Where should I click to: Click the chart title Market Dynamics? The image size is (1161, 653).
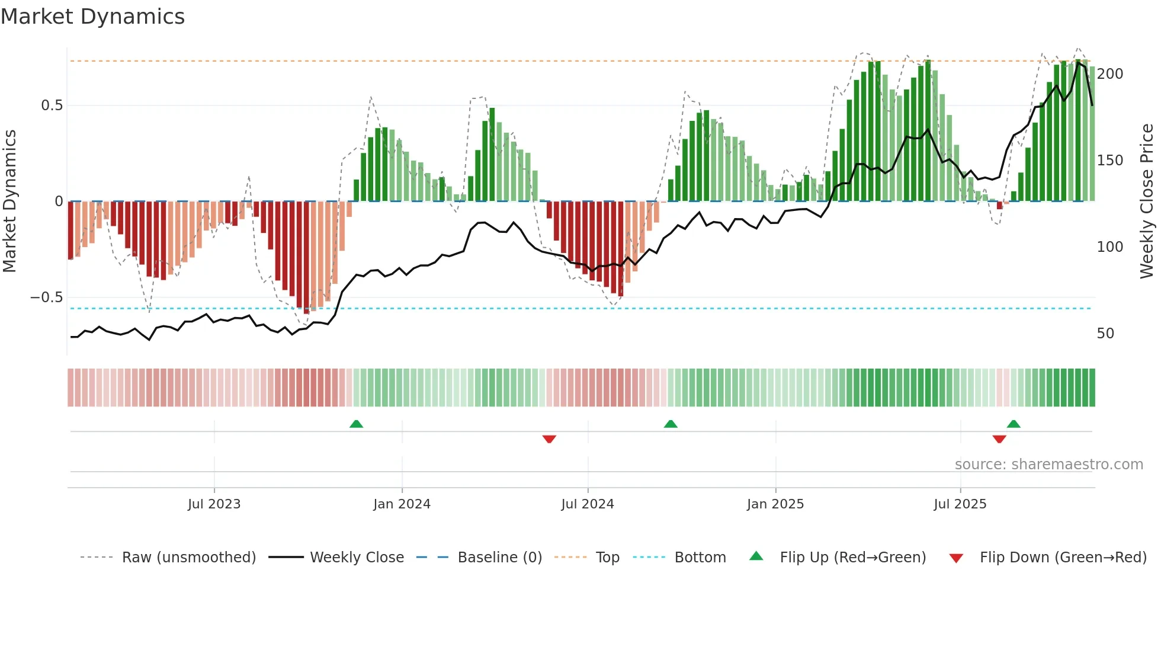(x=92, y=17)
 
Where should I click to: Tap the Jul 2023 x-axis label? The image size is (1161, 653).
(x=214, y=504)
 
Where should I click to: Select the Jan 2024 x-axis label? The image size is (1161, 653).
(x=402, y=504)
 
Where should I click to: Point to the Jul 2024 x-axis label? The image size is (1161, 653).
(x=587, y=504)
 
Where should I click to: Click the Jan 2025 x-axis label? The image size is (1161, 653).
(x=775, y=504)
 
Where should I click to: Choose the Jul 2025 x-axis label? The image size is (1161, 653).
(x=960, y=504)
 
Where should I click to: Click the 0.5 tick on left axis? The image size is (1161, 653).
(x=52, y=105)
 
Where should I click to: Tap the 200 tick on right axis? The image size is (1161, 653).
(x=1109, y=74)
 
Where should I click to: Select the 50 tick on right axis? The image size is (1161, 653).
(x=1105, y=334)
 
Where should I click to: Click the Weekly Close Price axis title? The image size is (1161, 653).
(x=1147, y=201)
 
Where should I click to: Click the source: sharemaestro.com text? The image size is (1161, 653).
(x=1048, y=465)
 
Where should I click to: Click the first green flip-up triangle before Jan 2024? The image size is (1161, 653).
(x=356, y=424)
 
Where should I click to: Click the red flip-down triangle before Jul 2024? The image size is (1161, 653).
(x=549, y=439)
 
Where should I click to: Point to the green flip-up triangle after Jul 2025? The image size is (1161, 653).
(x=1014, y=424)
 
